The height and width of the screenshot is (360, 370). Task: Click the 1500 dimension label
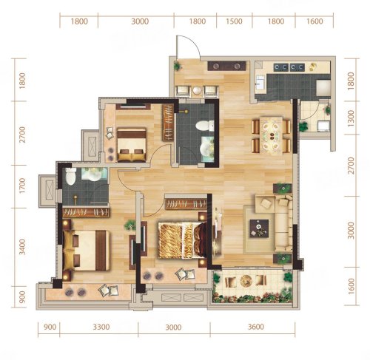(234, 21)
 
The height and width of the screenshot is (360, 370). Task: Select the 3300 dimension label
(101, 327)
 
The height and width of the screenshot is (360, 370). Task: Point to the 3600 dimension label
(256, 327)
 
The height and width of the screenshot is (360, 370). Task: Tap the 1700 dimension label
(22, 186)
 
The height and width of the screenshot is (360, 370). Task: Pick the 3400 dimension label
(22, 247)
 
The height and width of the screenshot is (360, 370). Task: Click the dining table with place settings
(272, 135)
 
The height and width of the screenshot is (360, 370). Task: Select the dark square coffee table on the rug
(259, 228)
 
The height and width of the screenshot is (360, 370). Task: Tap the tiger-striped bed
(182, 240)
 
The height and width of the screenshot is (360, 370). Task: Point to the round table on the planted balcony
(245, 281)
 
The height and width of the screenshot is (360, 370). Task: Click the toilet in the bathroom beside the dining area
(205, 126)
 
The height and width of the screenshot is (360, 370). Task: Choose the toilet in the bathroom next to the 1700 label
(70, 176)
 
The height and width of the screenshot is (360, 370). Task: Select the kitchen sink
(259, 83)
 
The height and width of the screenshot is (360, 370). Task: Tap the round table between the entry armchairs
(197, 90)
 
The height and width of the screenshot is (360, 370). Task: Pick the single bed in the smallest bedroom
(132, 145)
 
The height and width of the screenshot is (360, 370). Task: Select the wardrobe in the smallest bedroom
(168, 122)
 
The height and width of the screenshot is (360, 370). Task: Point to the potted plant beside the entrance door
(177, 66)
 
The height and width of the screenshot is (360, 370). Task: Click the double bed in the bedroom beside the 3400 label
(86, 250)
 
